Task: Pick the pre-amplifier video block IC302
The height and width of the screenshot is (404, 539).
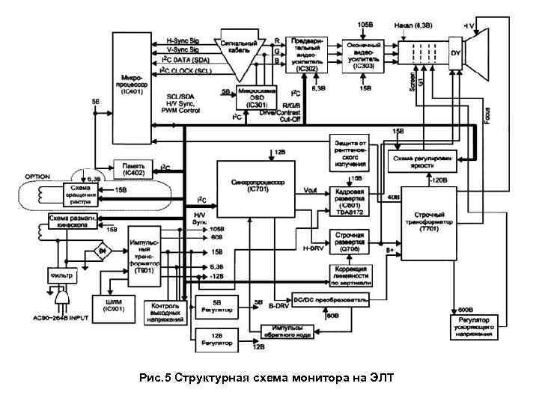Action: coord(306,53)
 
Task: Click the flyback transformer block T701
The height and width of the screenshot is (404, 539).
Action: coord(430,224)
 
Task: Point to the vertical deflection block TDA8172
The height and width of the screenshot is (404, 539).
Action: coord(350,199)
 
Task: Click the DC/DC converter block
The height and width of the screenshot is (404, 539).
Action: coord(329,299)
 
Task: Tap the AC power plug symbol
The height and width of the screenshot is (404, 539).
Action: coord(63,299)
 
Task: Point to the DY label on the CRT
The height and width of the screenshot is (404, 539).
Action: coord(455,52)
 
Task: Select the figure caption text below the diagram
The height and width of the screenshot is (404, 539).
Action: coord(269,377)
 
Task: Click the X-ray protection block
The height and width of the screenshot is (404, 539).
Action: coord(350,152)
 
